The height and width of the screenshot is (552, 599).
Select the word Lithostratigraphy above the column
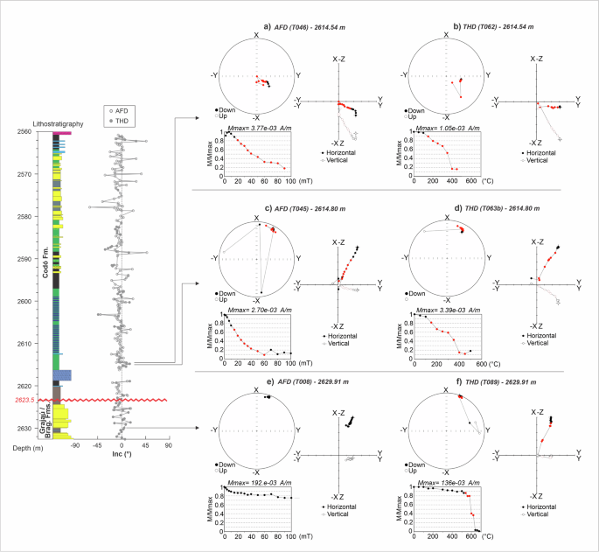[x=58, y=124]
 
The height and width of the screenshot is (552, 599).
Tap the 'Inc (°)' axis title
[x=122, y=453]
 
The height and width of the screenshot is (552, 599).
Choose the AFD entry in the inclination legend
[x=121, y=111]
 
